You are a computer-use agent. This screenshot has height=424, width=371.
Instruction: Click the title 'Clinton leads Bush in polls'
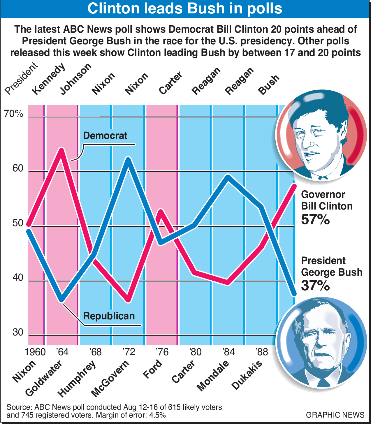(x=185, y=8)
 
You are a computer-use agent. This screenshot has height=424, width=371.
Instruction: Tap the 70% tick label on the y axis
(x=13, y=114)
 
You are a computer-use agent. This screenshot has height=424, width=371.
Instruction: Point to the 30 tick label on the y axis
(x=18, y=332)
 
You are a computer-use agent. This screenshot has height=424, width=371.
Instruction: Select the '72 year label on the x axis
(x=129, y=352)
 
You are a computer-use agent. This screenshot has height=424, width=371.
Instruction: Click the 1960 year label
(x=35, y=352)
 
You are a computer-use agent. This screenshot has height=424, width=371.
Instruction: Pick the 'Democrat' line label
(x=105, y=136)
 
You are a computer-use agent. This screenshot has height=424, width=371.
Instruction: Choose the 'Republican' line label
(x=109, y=316)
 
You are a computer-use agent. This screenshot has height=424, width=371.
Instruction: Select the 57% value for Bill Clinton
(x=315, y=219)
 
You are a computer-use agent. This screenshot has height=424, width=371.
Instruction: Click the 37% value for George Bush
(x=315, y=286)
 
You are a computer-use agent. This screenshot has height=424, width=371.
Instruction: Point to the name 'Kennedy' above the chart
(x=48, y=79)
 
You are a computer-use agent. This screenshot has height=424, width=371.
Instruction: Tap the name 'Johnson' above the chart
(x=76, y=79)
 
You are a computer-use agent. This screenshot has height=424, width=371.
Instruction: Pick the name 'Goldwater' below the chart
(x=44, y=378)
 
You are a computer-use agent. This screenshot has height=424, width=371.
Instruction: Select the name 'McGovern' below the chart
(x=110, y=379)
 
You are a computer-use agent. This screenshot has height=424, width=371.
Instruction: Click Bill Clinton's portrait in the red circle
(x=321, y=136)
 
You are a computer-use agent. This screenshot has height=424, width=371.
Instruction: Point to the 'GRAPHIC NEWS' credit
(x=335, y=415)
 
